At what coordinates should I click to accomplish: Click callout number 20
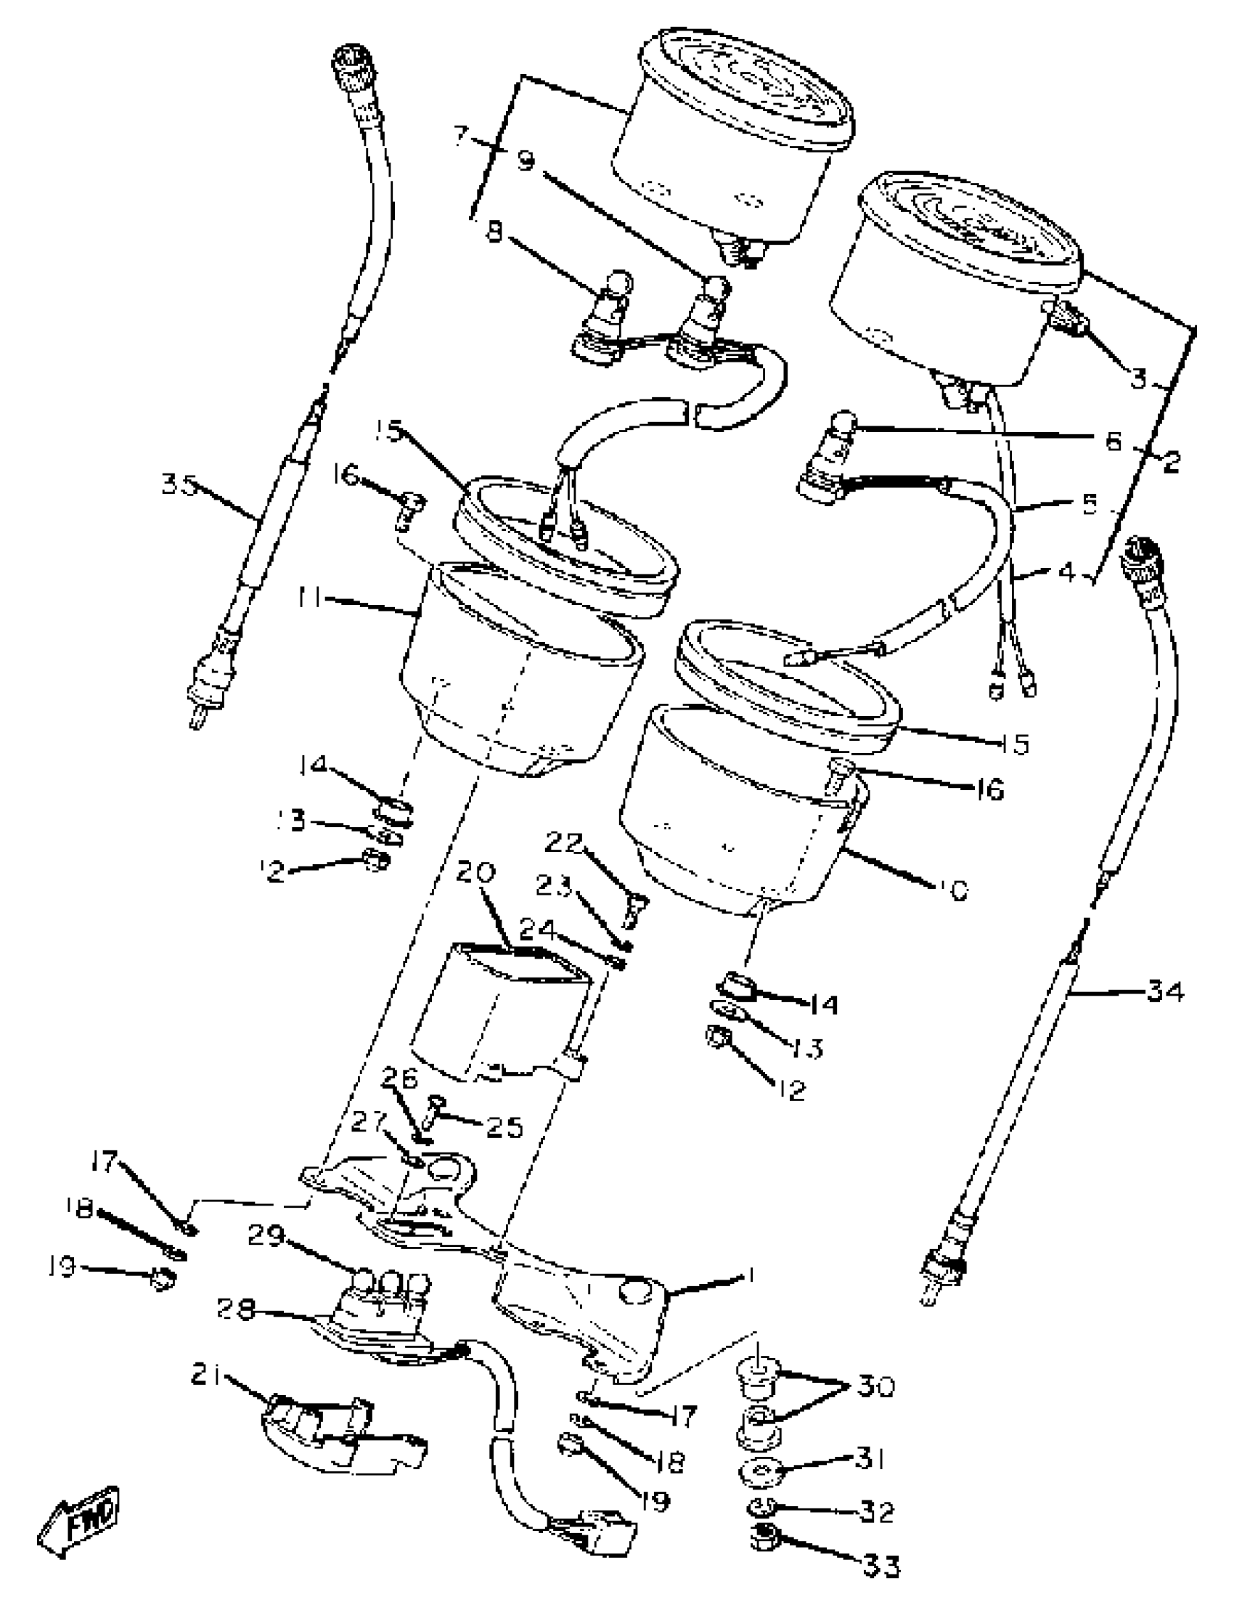pos(475,874)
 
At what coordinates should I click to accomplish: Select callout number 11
pos(309,599)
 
